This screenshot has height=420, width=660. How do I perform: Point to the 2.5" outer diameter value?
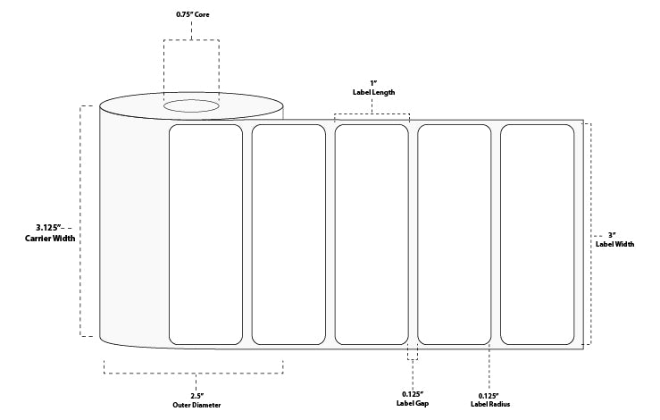196,394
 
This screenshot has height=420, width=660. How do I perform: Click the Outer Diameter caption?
196,405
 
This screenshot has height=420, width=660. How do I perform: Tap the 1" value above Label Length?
372,81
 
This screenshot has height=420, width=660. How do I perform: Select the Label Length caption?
372,92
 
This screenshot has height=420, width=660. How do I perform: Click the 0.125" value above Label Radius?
488,394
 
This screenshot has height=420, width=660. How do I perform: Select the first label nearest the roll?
206,234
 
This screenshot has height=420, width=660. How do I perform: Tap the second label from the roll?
288,234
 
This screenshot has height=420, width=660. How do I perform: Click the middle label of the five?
372,234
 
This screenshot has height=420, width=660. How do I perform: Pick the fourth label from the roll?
455,234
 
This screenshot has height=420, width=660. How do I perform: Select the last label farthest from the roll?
537,234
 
